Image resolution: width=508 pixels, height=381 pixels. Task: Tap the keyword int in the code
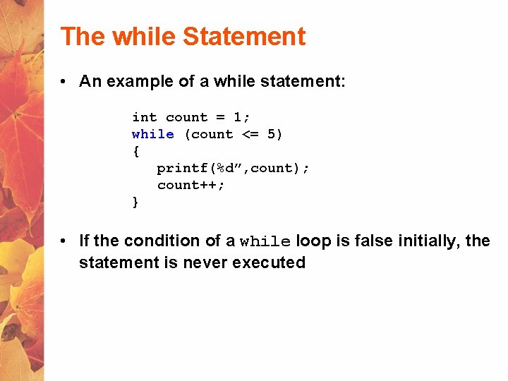144,117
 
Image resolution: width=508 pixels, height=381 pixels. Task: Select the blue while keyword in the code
152,134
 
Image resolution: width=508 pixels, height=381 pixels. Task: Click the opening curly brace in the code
135,151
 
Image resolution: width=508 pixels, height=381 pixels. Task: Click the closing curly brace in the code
135,202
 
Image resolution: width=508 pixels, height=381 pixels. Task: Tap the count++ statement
190,185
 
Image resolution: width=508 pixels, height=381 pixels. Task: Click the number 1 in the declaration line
237,117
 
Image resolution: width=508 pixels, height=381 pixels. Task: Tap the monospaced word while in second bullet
265,242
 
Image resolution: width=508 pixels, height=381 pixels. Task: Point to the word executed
272,263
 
